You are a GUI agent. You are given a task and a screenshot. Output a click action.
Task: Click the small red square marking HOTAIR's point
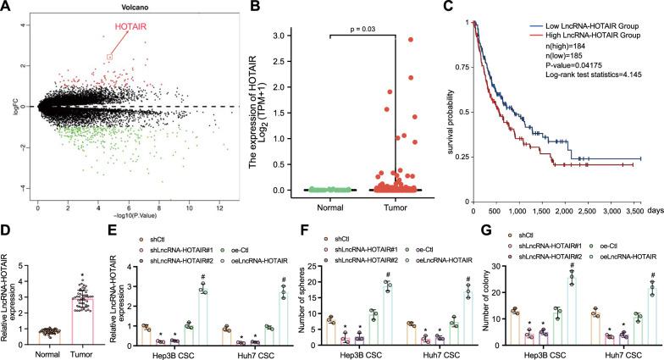(109, 57)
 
